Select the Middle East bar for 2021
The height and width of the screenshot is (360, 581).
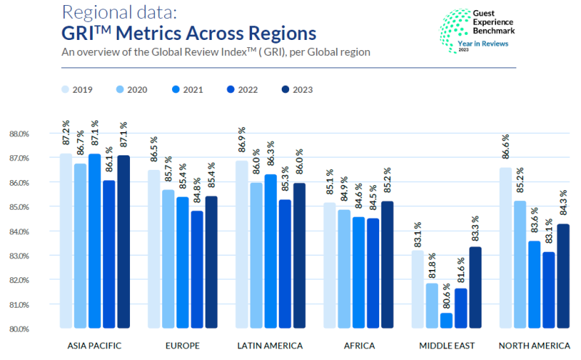pyautogui.click(x=445, y=320)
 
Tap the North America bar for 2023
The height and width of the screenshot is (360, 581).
pyautogui.click(x=564, y=276)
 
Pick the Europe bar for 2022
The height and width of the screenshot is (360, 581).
pyautogui.click(x=198, y=269)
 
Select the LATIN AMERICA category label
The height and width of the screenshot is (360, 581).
pyautogui.click(x=269, y=345)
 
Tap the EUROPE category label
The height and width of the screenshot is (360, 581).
pyautogui.click(x=183, y=345)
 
